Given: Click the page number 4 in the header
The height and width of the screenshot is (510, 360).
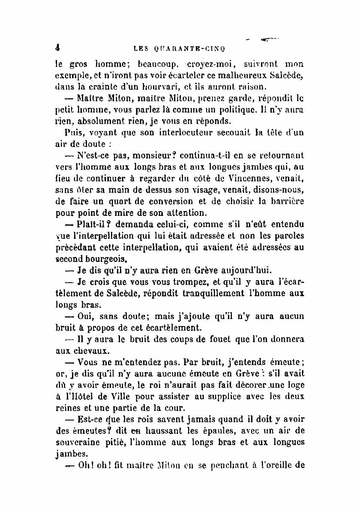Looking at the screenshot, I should point(57,48).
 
